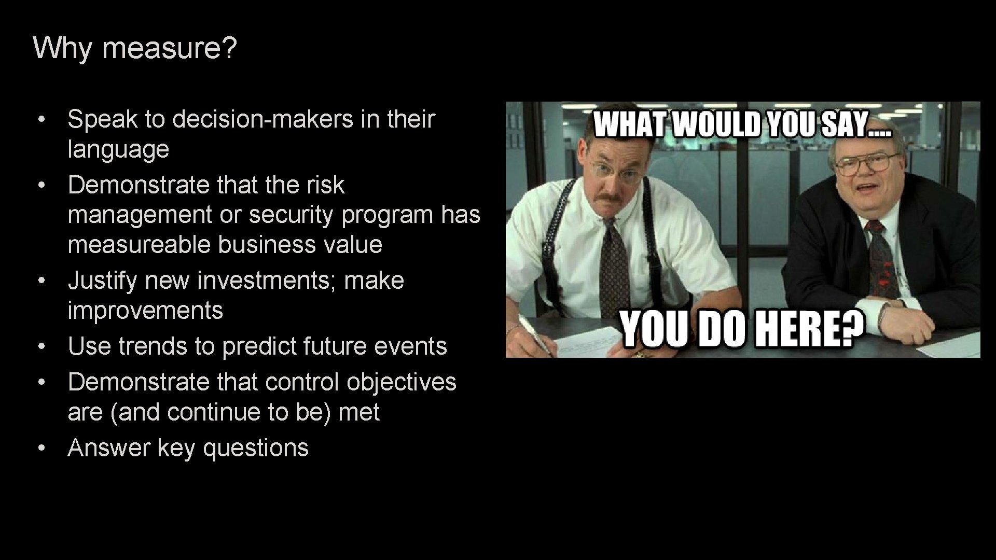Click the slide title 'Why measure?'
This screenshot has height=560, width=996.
[x=135, y=48]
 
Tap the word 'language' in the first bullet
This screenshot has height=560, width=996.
[x=118, y=150]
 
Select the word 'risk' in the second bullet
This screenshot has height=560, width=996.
[x=325, y=185]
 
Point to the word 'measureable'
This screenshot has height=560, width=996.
[x=139, y=245]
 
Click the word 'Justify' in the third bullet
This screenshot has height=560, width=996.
[x=102, y=281]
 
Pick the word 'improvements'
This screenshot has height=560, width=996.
[x=145, y=311]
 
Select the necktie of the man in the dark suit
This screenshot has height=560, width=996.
[x=881, y=259]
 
